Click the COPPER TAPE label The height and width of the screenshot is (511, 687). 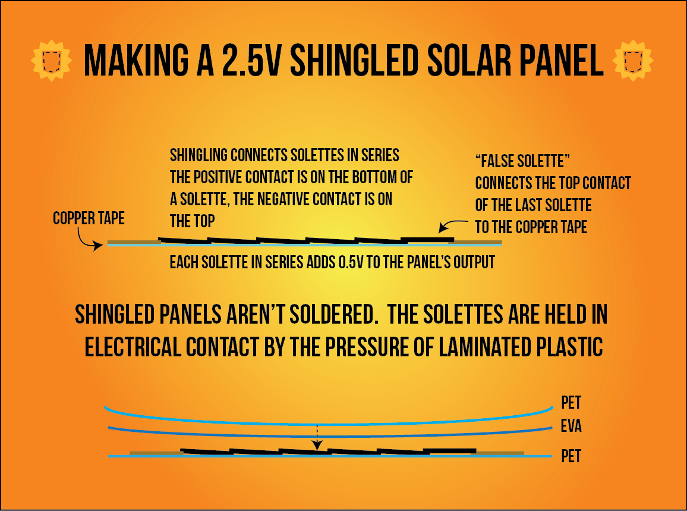click(89, 218)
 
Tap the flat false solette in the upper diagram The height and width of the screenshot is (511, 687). click(427, 239)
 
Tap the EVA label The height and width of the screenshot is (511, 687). click(571, 427)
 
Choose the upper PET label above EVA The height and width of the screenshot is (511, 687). click(571, 403)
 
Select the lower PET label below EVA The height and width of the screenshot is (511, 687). click(571, 457)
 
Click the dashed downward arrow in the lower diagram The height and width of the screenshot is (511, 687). click(317, 437)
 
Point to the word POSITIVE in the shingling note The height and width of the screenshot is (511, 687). click(226, 177)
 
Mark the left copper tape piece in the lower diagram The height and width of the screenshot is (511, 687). click(155, 453)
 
